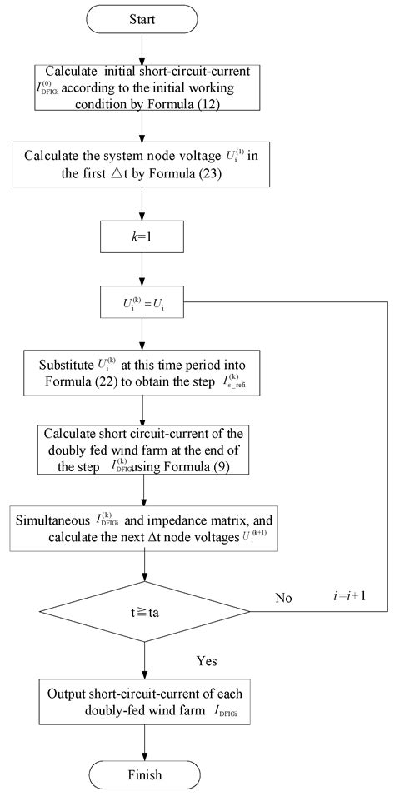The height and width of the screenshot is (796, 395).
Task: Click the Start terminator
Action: (x=145, y=17)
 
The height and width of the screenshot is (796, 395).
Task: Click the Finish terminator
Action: (x=145, y=774)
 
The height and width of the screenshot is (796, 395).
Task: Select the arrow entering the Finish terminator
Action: (x=145, y=739)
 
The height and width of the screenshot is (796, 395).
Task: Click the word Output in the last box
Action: (x=69, y=693)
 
